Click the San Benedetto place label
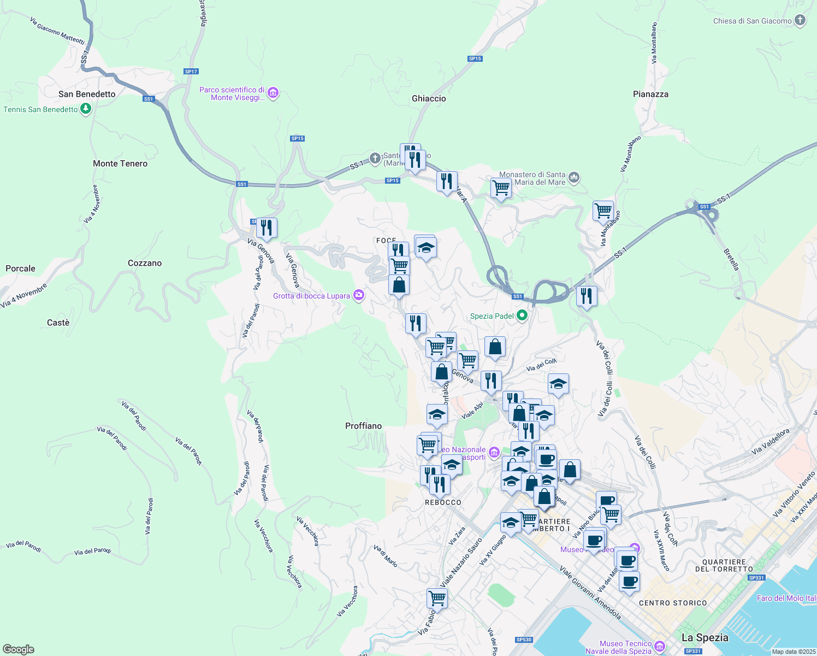point(87,94)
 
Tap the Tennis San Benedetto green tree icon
point(85,109)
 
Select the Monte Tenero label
point(120,163)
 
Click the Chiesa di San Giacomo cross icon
point(800,21)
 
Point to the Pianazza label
point(650,94)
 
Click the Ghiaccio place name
point(429,98)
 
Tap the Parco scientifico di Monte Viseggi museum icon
point(274,93)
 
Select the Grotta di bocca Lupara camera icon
point(358,296)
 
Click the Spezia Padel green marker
point(522,315)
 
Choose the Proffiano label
point(363,426)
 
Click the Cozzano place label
point(145,263)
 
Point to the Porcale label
point(20,268)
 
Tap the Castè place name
point(58,323)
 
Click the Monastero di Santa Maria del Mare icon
point(573,178)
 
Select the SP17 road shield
point(191,72)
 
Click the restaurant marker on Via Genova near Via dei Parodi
point(267,227)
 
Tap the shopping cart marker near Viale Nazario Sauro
point(437,598)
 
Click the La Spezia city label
point(704,637)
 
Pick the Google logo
point(18,649)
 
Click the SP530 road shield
point(524,640)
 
